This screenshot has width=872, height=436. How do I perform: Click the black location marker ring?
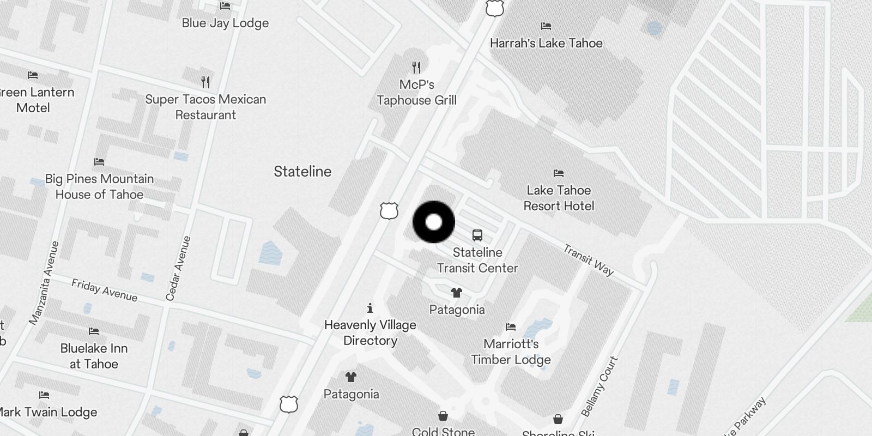(434, 222)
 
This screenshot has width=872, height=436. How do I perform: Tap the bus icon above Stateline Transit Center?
(477, 235)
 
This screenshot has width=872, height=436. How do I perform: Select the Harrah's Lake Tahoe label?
(546, 43)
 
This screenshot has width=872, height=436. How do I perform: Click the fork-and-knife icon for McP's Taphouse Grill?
(417, 68)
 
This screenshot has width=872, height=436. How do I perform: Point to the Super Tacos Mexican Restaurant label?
(205, 107)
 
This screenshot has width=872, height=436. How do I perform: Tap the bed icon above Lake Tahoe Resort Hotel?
(559, 173)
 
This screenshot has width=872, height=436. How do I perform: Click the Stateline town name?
(302, 172)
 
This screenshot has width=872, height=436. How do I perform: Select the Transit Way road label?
(588, 260)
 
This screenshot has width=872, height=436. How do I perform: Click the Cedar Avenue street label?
(179, 268)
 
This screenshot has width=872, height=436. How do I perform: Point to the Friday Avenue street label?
(104, 290)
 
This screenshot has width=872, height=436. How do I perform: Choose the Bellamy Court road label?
(599, 386)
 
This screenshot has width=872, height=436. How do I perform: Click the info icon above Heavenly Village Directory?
(370, 308)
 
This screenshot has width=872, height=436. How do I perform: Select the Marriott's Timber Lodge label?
(511, 352)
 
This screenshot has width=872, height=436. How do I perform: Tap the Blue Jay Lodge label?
(225, 23)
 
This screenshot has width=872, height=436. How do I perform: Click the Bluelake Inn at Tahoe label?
(94, 356)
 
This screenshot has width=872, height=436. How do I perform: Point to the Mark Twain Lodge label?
(48, 412)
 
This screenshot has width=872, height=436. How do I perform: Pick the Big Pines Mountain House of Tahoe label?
(99, 186)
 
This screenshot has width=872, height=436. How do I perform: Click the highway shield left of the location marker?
(389, 210)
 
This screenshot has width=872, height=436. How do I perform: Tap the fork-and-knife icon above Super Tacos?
(205, 82)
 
